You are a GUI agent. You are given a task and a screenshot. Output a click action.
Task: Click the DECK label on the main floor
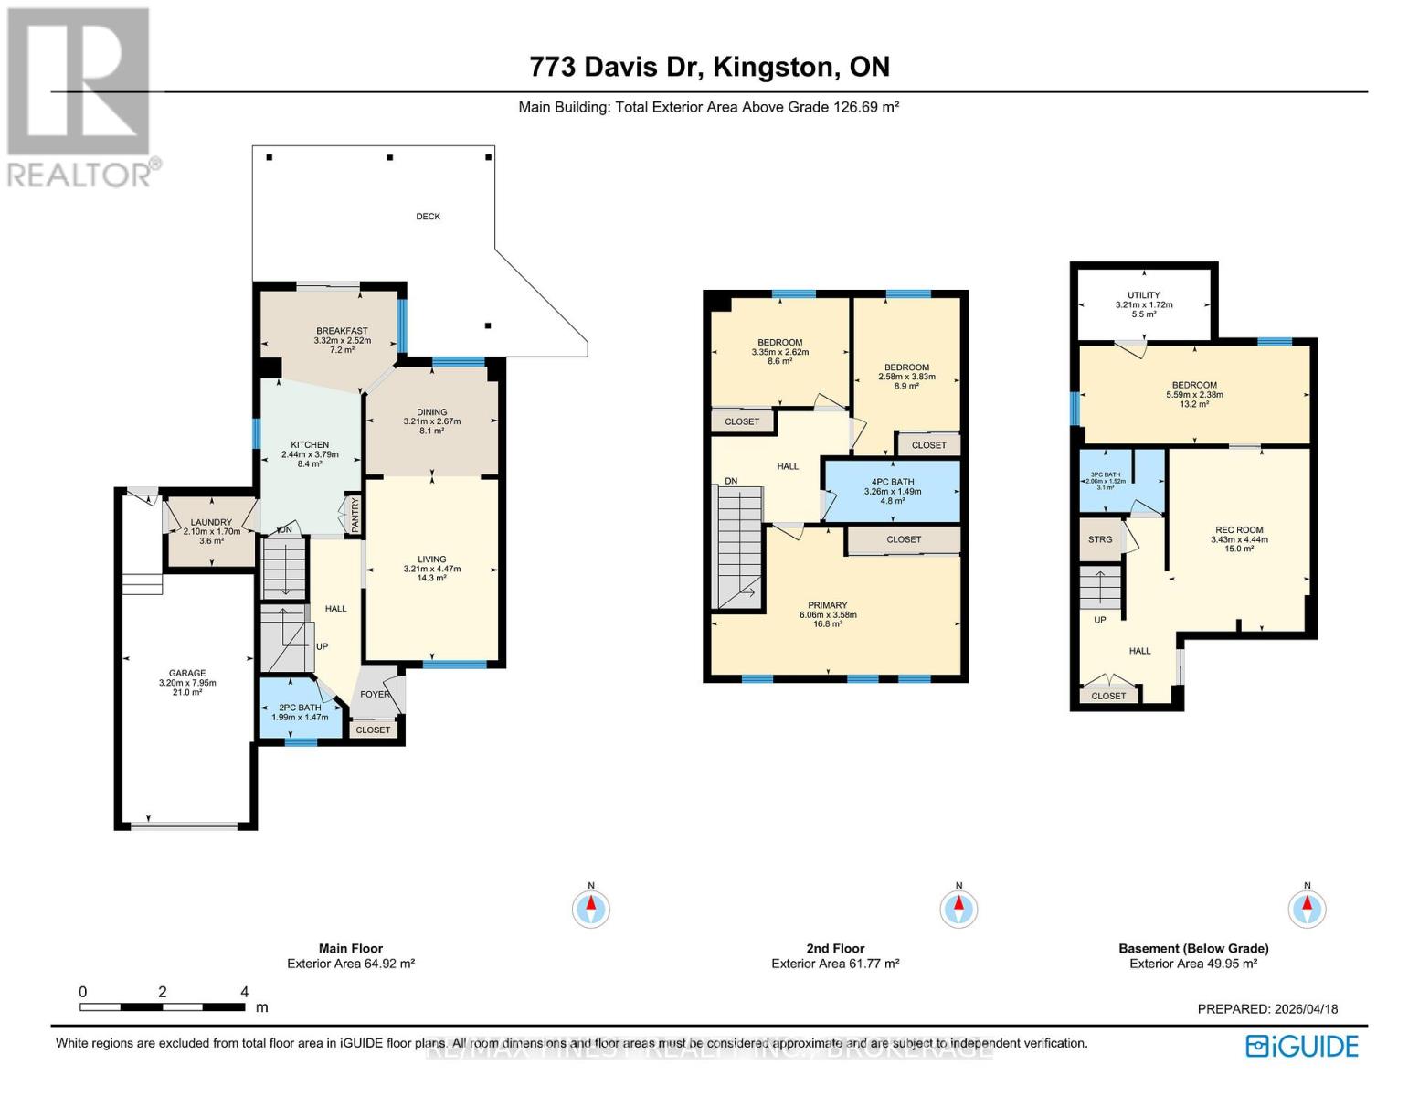(428, 217)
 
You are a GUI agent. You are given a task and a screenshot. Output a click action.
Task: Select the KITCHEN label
(310, 445)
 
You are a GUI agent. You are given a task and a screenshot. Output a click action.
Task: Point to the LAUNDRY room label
(211, 522)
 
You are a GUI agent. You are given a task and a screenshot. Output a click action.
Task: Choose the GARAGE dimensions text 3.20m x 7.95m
(186, 683)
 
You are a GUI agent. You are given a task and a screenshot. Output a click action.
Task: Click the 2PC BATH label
(300, 708)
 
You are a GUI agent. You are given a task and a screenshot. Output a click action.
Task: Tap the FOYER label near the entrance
(375, 694)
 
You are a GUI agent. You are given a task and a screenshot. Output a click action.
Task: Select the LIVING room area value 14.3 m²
(431, 578)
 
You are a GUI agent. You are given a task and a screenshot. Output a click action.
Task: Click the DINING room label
(432, 412)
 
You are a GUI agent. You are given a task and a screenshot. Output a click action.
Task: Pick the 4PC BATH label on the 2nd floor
(892, 482)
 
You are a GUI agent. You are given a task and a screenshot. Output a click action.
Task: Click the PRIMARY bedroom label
(827, 605)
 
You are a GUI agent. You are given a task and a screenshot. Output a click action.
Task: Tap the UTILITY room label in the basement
(1143, 295)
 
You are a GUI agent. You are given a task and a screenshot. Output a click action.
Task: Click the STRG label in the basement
(1100, 539)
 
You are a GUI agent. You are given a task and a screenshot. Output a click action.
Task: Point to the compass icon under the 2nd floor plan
(958, 909)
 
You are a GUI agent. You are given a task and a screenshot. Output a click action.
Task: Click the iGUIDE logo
(1303, 1046)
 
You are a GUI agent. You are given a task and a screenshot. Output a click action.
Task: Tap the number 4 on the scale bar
(244, 992)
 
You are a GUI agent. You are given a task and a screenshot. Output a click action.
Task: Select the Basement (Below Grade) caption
(1193, 949)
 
